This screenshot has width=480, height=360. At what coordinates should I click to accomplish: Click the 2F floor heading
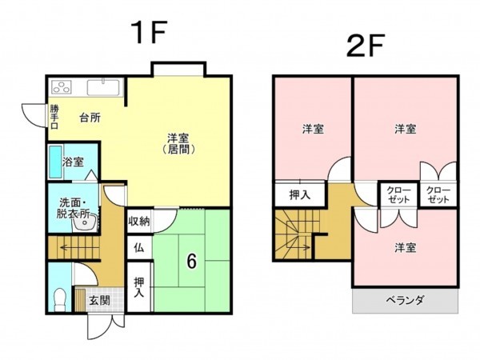click(x=366, y=45)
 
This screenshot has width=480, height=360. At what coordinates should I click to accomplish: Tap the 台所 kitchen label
click(x=89, y=117)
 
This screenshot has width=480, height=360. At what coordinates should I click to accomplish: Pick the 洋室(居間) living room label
click(x=178, y=144)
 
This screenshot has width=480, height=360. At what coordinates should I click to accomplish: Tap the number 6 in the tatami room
click(x=191, y=261)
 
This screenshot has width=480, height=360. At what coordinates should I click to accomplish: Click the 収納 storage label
click(x=138, y=221)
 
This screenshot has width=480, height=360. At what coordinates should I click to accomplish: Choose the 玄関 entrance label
click(x=99, y=301)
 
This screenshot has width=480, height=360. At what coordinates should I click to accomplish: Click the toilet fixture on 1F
click(x=58, y=299)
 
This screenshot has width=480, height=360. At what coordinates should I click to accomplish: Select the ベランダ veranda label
click(x=405, y=300)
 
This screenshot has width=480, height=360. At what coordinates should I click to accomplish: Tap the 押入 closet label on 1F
click(x=139, y=286)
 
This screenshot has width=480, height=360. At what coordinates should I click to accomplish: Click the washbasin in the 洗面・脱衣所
click(x=82, y=225)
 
